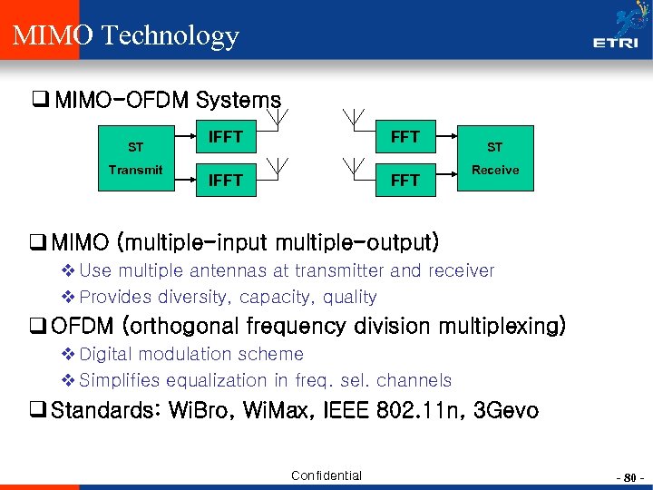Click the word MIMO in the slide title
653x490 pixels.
[x=52, y=35]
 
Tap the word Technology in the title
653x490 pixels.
[x=170, y=36]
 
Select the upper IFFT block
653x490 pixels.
[x=225, y=137]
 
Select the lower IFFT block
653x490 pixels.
[x=225, y=181]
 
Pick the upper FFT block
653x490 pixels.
[x=404, y=137]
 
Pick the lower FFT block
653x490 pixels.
[x=404, y=181]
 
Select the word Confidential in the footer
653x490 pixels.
[x=326, y=475]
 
